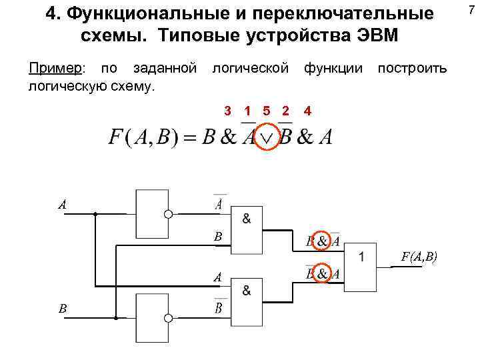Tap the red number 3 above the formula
tap(227, 110)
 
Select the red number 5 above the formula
tap(267, 110)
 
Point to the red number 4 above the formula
tap(307, 110)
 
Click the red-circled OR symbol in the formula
tap(267, 137)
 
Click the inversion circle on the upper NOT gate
tap(169, 214)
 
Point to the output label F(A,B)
tap(419, 256)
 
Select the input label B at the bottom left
tap(62, 308)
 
